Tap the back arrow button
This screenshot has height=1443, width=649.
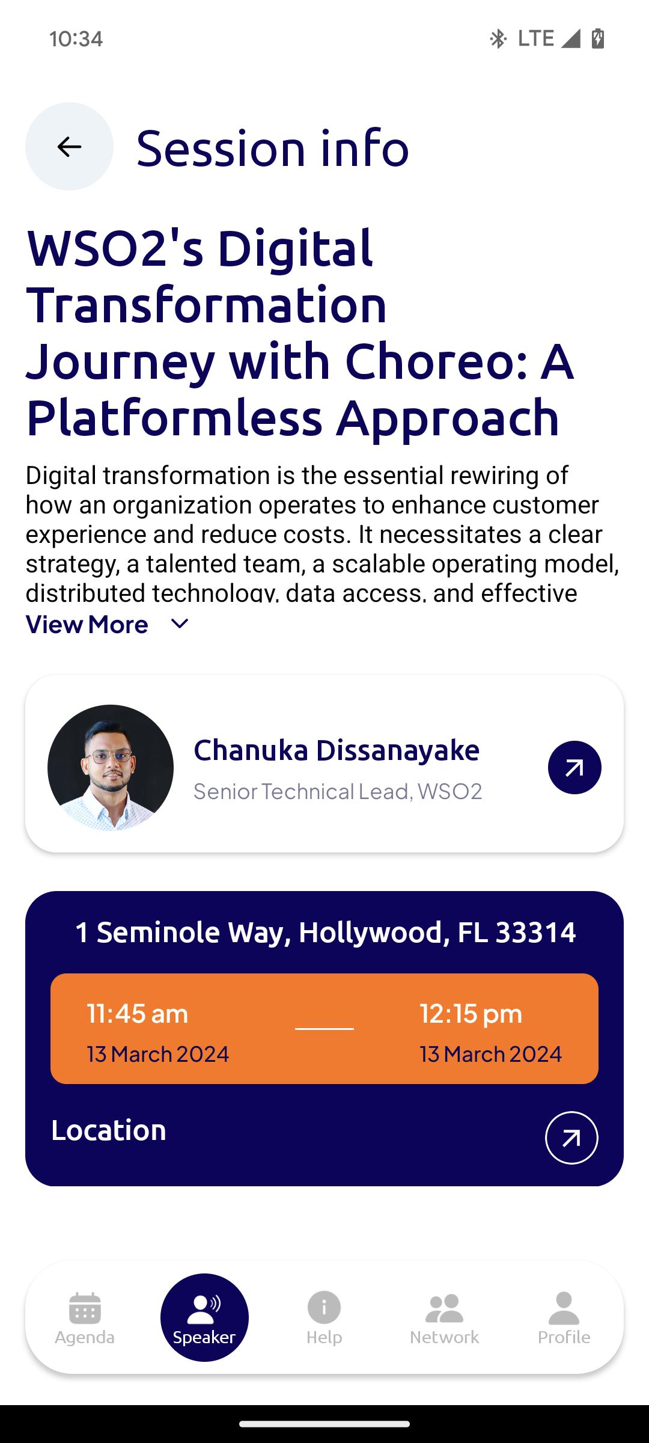pos(69,146)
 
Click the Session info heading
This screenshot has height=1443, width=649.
pos(273,148)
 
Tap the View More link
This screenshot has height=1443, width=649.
pos(87,625)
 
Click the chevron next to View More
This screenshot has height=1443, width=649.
pos(180,624)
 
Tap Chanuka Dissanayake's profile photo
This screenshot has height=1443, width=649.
pos(111,768)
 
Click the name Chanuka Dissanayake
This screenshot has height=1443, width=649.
pos(337,750)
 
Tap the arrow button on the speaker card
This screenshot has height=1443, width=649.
pos(574,768)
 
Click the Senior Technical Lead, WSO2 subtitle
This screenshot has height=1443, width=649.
pos(338,791)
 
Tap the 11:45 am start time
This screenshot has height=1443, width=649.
pos(138,1014)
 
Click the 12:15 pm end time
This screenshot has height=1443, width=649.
pos(471,1014)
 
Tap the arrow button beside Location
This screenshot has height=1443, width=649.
pos(571,1138)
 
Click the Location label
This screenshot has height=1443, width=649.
pos(109,1130)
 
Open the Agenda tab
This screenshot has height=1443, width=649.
pos(85,1318)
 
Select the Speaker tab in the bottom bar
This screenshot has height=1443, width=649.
pos(204,1317)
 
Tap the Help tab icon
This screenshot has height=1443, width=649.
pos(324,1308)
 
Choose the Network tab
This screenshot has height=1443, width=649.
pos(444,1318)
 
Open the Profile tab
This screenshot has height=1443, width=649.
pos(564,1318)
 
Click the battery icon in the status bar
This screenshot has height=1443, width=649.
pos(598,38)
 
